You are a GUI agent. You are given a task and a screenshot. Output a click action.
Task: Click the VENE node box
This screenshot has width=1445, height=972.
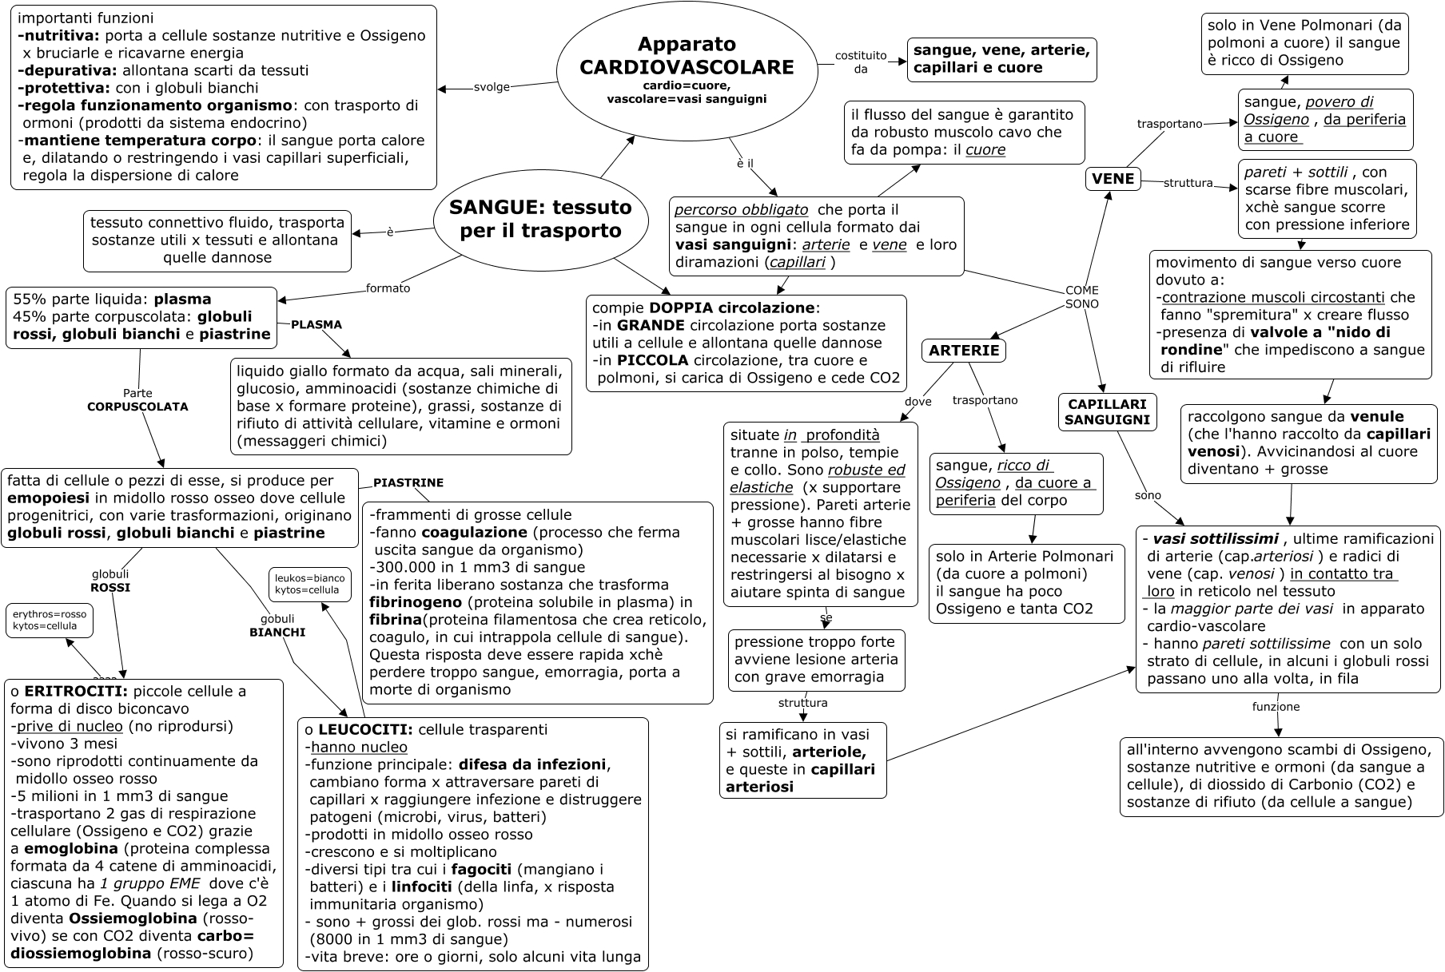[1113, 179]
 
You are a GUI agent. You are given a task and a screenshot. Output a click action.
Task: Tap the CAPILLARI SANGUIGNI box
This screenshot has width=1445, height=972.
[1107, 412]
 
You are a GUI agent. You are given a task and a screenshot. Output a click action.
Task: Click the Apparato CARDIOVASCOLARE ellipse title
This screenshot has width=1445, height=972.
[687, 56]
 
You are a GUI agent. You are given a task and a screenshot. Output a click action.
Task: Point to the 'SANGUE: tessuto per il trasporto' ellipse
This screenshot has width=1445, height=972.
[540, 219]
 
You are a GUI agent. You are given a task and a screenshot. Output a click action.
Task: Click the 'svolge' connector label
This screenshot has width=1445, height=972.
[492, 87]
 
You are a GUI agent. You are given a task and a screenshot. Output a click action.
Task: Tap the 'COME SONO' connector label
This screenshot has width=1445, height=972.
[1081, 297]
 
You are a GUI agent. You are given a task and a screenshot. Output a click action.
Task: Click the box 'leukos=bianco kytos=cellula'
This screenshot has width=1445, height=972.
[309, 585]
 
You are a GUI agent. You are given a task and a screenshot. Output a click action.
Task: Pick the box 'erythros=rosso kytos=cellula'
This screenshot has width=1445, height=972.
[50, 620]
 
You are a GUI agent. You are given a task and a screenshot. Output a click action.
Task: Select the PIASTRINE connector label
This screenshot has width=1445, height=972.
[408, 483]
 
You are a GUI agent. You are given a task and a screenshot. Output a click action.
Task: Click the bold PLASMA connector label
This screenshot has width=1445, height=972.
[316, 325]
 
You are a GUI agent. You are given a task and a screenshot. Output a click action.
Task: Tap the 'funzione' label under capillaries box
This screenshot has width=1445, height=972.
[1276, 707]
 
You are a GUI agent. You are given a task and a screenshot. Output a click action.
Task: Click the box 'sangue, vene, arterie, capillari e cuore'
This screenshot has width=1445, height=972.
[1001, 59]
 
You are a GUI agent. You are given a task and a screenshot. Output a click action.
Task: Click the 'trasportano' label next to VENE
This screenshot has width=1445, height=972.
[1169, 124]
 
